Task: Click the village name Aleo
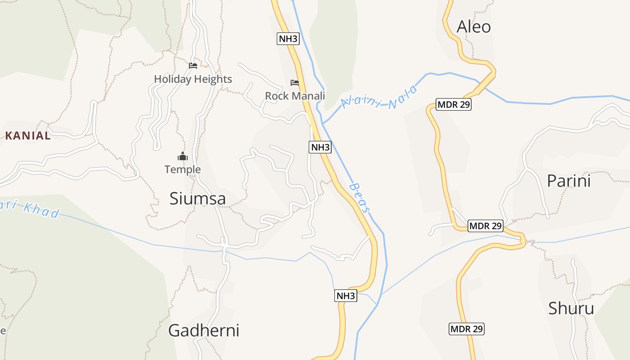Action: pyautogui.click(x=473, y=27)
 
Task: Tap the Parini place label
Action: pyautogui.click(x=568, y=181)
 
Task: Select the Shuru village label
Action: pyautogui.click(x=571, y=309)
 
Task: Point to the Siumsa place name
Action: pyautogui.click(x=198, y=198)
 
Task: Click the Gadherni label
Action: pyautogui.click(x=203, y=331)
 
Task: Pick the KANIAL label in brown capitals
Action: pyautogui.click(x=28, y=136)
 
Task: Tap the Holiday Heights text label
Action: pyautogui.click(x=193, y=79)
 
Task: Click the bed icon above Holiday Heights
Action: pyautogui.click(x=193, y=66)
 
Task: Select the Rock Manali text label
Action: pyautogui.click(x=295, y=96)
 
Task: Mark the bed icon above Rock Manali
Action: pyautogui.click(x=295, y=83)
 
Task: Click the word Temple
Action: pyautogui.click(x=182, y=170)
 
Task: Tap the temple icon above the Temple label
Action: pyautogui.click(x=182, y=157)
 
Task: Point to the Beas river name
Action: pyautogui.click(x=360, y=198)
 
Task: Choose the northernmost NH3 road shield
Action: pyautogui.click(x=288, y=39)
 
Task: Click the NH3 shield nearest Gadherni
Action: pyautogui.click(x=346, y=296)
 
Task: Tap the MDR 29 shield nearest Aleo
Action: pyautogui.click(x=454, y=105)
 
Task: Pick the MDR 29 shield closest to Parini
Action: pyautogui.click(x=485, y=226)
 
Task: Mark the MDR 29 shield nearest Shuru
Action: pyautogui.click(x=467, y=329)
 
